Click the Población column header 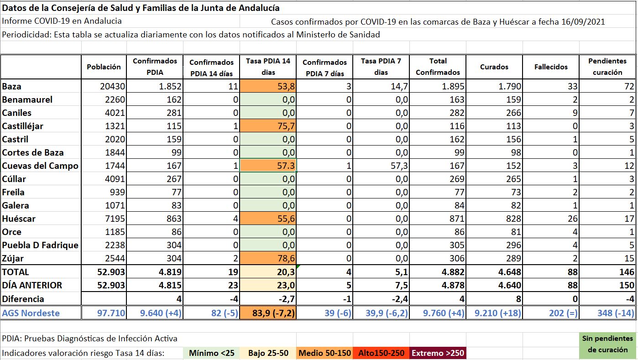tap(104, 67)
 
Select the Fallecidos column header tap(551, 67)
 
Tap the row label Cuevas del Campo tap(40, 166)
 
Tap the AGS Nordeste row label tap(31, 313)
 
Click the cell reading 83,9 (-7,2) tap(267, 313)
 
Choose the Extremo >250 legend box tap(438, 353)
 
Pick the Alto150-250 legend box tap(382, 353)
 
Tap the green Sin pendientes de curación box tap(607, 344)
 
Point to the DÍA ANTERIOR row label tap(32, 285)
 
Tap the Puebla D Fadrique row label tap(40, 245)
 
